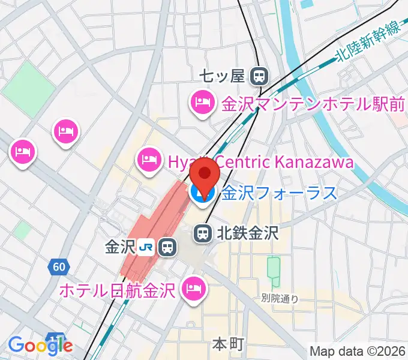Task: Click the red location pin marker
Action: click(205, 174)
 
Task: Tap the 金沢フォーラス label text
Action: click(279, 193)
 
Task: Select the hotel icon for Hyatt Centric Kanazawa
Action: click(149, 159)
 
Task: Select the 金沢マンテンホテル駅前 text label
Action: click(313, 104)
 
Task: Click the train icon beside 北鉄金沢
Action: click(203, 232)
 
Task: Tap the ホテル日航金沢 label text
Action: click(117, 290)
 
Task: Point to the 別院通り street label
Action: click(280, 298)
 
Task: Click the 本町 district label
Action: click(227, 344)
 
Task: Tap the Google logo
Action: click(40, 346)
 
